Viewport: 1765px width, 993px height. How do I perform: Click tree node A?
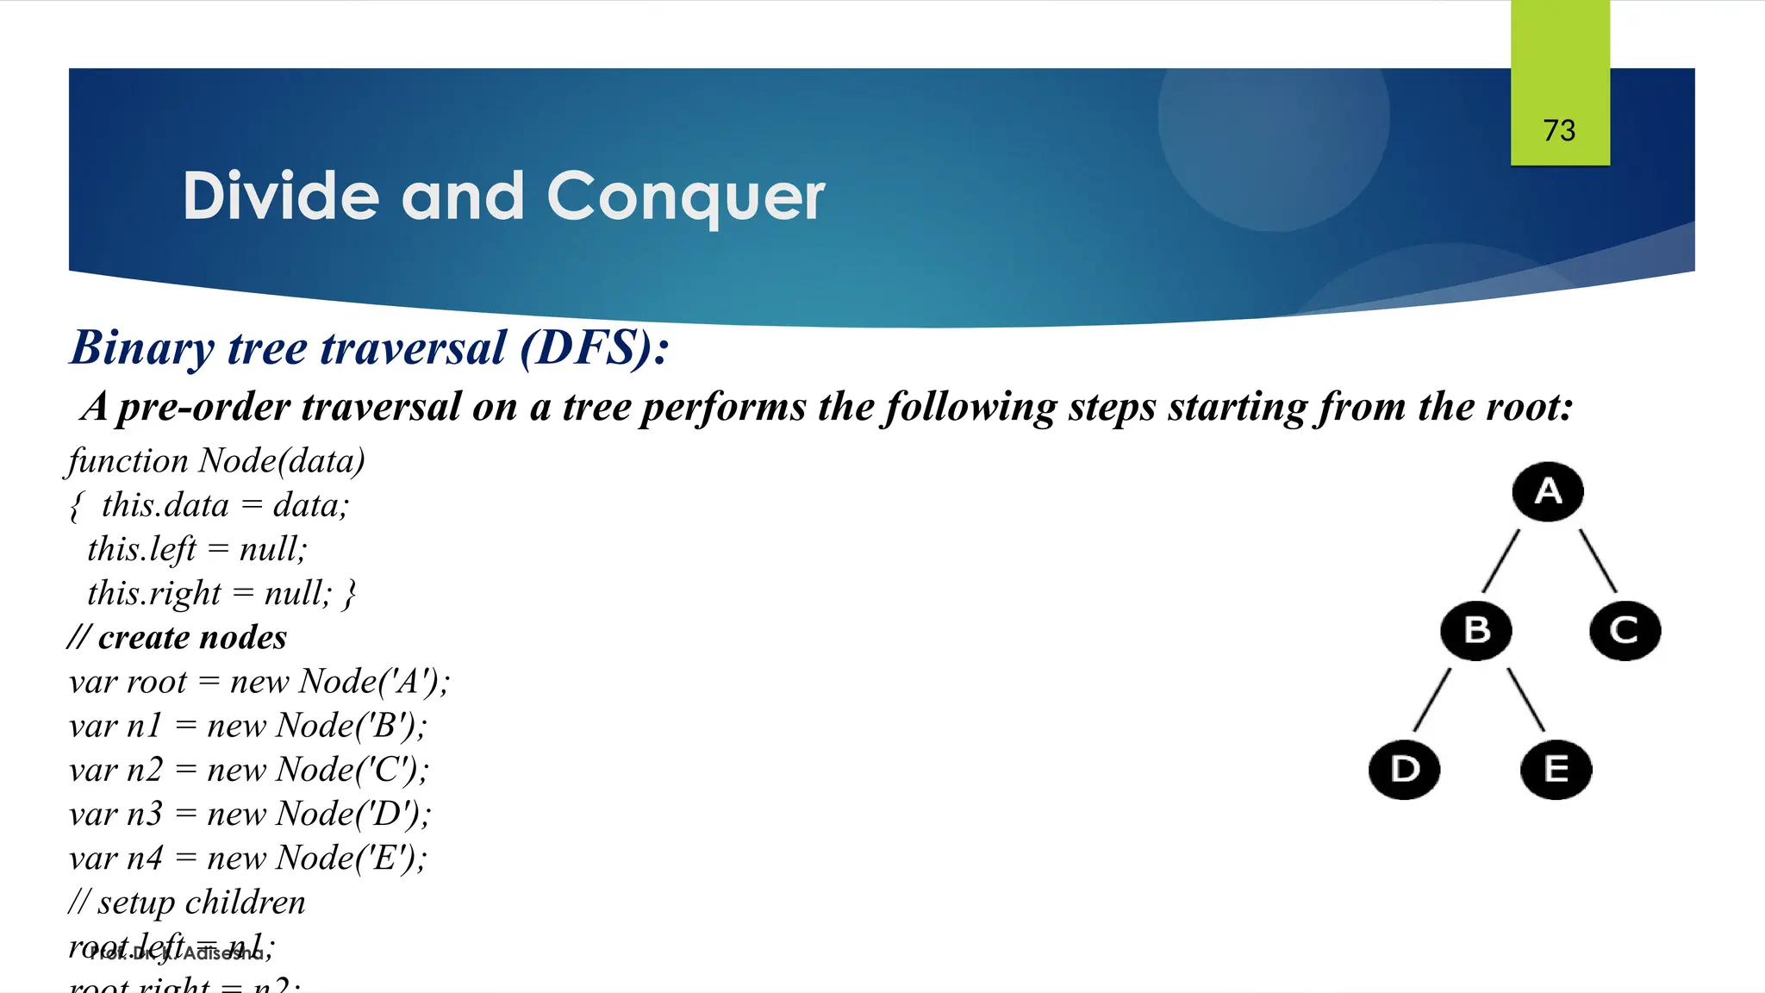(x=1548, y=491)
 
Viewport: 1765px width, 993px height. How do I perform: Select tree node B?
(x=1476, y=630)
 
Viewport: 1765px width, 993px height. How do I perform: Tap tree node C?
(x=1625, y=630)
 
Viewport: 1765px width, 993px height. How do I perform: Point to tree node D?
(x=1405, y=769)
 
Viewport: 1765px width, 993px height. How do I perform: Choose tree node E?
(x=1556, y=769)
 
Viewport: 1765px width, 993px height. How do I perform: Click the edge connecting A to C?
(x=1598, y=560)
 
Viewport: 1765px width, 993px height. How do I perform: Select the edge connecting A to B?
(x=1500, y=560)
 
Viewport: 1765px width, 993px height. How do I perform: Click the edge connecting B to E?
(x=1525, y=699)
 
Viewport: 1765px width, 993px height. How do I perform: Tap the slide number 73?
(x=1559, y=130)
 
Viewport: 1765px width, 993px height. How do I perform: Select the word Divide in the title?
(x=281, y=196)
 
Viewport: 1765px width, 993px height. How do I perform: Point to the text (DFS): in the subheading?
(x=594, y=348)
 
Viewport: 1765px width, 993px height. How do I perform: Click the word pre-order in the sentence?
(x=203, y=407)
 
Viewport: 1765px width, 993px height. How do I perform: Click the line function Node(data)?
(x=215, y=461)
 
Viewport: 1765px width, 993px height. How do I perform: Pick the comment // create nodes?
(x=178, y=638)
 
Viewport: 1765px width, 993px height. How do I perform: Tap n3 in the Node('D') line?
(x=144, y=814)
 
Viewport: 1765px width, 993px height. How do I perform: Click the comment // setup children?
(x=187, y=902)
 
